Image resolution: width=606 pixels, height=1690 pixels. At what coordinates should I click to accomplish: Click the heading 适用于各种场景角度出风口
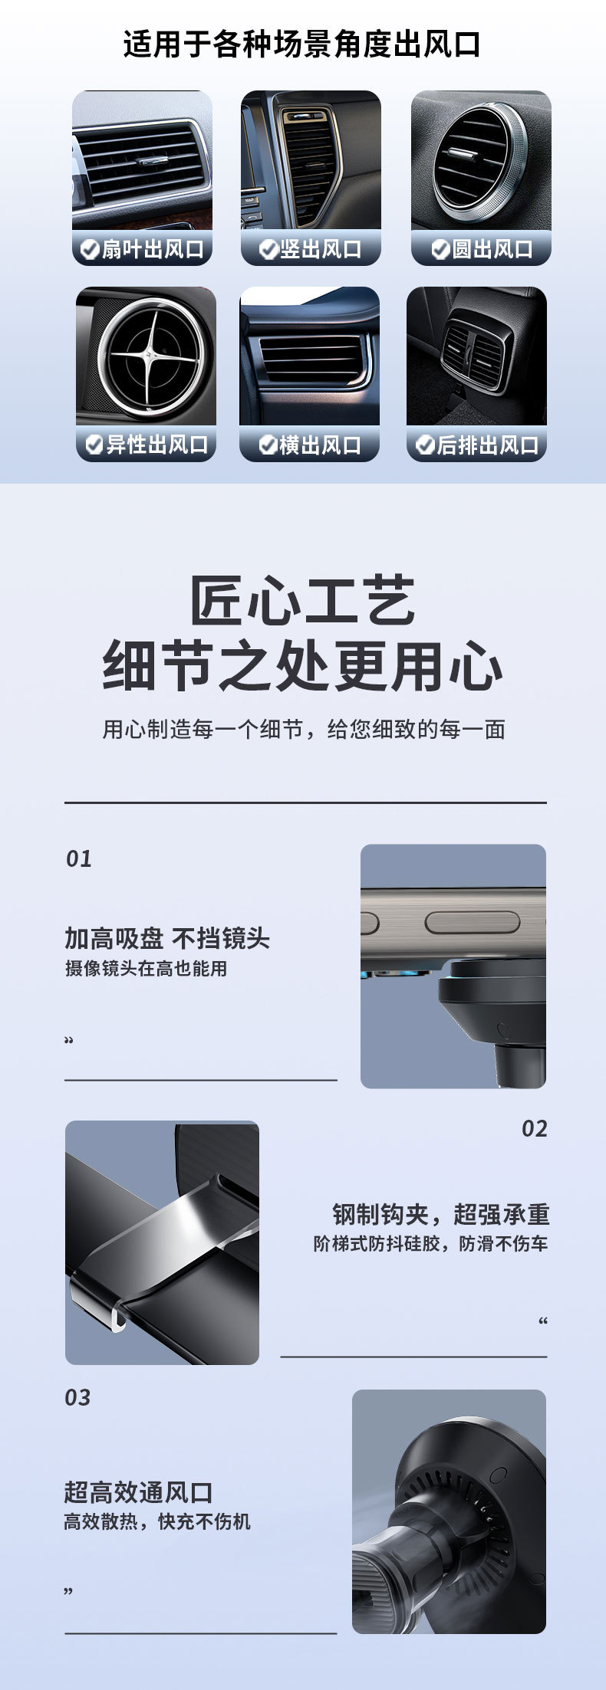coord(302,44)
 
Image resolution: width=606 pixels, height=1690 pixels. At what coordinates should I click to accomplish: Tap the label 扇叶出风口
coord(153,249)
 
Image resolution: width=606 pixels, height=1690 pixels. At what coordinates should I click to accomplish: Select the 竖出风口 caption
coord(321,249)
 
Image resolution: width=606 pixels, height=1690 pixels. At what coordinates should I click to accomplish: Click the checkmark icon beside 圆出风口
coord(440,249)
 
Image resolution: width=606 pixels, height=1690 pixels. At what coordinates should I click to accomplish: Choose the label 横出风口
coord(320,445)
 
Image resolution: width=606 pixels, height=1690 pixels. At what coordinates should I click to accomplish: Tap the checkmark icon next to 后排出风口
coord(425,445)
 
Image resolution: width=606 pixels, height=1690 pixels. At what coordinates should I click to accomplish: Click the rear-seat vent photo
coord(476,356)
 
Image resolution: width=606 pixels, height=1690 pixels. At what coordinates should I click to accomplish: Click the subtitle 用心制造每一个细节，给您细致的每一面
coord(304,729)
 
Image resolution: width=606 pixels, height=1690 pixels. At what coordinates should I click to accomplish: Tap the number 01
coord(78,859)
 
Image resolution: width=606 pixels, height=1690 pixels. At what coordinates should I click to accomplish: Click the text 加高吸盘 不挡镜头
coord(167,938)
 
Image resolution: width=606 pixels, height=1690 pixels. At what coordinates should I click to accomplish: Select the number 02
coord(534,1129)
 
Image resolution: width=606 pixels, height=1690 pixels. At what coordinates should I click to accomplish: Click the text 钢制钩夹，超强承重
coord(441,1214)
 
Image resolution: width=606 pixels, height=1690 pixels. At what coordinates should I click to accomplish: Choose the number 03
coord(77,1398)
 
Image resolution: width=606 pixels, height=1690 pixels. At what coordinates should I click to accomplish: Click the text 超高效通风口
coord(138,1492)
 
